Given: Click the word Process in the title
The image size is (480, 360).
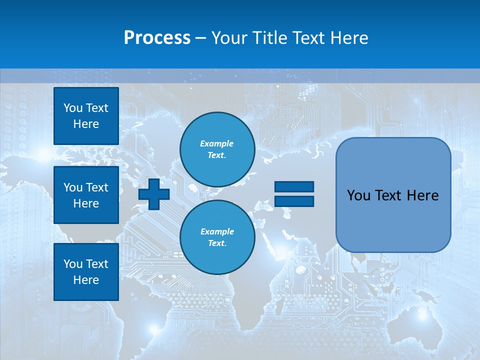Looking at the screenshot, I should point(157,37).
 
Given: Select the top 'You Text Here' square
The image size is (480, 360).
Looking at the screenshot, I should point(86,116).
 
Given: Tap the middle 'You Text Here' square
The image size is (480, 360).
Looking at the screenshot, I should point(86,195).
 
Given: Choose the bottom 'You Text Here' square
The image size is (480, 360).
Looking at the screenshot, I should point(86,272).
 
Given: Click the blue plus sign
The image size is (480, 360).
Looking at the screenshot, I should point(154,193).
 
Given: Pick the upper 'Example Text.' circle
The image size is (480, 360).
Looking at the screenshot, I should point(217,149).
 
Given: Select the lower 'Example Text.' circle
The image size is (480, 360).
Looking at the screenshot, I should point(217,237).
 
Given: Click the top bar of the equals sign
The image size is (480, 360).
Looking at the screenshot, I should point(294,186).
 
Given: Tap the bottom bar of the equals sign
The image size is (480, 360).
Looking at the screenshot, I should point(294,201).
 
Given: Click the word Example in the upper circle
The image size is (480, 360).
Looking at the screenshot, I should point(217,143).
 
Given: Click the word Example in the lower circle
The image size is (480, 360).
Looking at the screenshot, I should point(217,231).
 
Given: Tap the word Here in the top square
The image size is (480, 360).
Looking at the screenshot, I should point(86,124).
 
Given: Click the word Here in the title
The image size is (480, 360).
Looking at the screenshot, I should point(348,37).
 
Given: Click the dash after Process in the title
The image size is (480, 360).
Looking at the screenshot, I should point(201,38).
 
